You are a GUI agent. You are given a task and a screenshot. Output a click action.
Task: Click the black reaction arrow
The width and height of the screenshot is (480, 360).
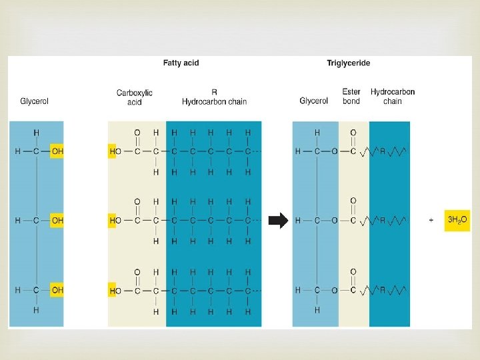click(277, 220)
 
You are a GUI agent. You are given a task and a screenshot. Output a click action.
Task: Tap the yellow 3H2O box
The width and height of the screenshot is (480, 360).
click(457, 219)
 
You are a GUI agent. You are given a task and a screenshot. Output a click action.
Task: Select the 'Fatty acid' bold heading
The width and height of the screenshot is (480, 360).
click(181, 63)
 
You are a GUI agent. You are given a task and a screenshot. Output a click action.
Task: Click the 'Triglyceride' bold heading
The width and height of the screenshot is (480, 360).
click(348, 63)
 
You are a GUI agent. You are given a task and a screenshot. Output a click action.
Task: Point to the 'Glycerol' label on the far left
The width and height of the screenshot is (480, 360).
click(35, 101)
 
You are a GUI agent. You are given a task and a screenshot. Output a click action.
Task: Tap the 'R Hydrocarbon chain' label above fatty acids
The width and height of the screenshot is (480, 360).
click(214, 97)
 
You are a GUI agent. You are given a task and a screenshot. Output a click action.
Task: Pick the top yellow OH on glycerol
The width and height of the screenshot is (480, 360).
click(57, 151)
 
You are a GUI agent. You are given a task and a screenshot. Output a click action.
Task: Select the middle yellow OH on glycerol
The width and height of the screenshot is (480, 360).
click(57, 220)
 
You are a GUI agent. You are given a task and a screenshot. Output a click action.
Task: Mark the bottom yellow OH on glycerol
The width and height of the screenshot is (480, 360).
click(57, 290)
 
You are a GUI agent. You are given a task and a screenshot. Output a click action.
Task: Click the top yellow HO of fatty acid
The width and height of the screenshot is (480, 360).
click(114, 151)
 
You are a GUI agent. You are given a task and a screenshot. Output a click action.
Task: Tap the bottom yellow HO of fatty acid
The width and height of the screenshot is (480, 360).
click(114, 291)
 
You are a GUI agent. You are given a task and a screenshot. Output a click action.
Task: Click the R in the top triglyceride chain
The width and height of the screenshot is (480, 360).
click(382, 151)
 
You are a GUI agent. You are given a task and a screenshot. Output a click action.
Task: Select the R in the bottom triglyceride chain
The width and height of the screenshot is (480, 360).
click(382, 290)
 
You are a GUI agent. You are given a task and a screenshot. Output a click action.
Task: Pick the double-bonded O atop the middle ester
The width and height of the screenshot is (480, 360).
click(353, 201)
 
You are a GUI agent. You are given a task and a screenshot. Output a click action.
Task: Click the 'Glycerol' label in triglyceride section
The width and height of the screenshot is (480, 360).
click(313, 101)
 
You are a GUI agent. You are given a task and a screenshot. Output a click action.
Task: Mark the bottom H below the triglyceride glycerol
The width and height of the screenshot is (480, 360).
click(317, 310)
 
